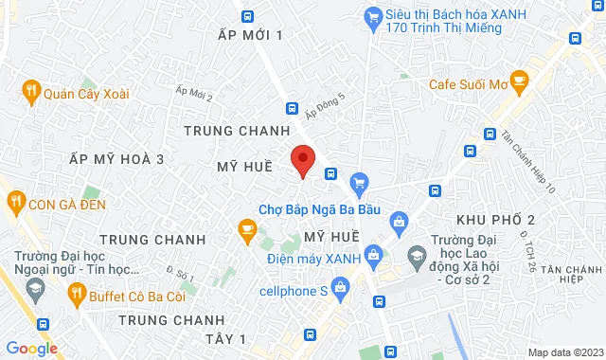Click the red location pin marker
[x=302, y=160]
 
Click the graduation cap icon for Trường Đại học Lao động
[x=417, y=255]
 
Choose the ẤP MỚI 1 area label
[x=250, y=35]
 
